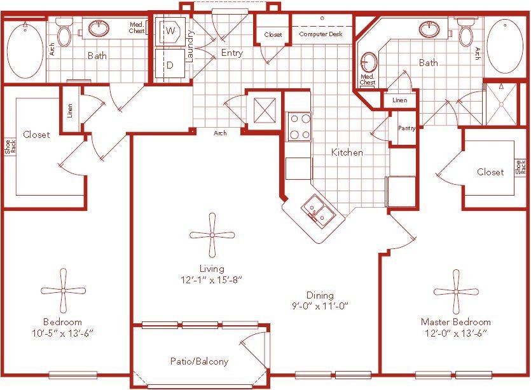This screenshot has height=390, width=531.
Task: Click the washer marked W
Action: coord(170,30)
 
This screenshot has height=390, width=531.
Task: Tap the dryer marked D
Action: coord(170,65)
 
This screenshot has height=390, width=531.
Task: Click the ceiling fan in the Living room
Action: coord(212,235)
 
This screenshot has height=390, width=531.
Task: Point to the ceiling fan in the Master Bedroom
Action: coord(456,292)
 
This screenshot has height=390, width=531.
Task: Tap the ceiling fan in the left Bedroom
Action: coord(63,290)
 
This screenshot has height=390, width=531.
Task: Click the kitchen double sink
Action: coord(316,211)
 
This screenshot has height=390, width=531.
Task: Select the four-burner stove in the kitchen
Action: coord(300,126)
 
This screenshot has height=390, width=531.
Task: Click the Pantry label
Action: coord(406,128)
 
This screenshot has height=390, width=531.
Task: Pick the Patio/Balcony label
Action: coord(199,361)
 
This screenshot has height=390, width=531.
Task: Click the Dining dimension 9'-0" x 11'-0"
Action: coord(320,306)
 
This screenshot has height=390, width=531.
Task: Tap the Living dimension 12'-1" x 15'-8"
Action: coord(212,279)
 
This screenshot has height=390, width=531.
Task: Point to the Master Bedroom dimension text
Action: coord(456,333)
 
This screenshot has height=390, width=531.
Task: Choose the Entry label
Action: coord(231,53)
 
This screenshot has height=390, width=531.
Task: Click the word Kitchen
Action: coord(347,152)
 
